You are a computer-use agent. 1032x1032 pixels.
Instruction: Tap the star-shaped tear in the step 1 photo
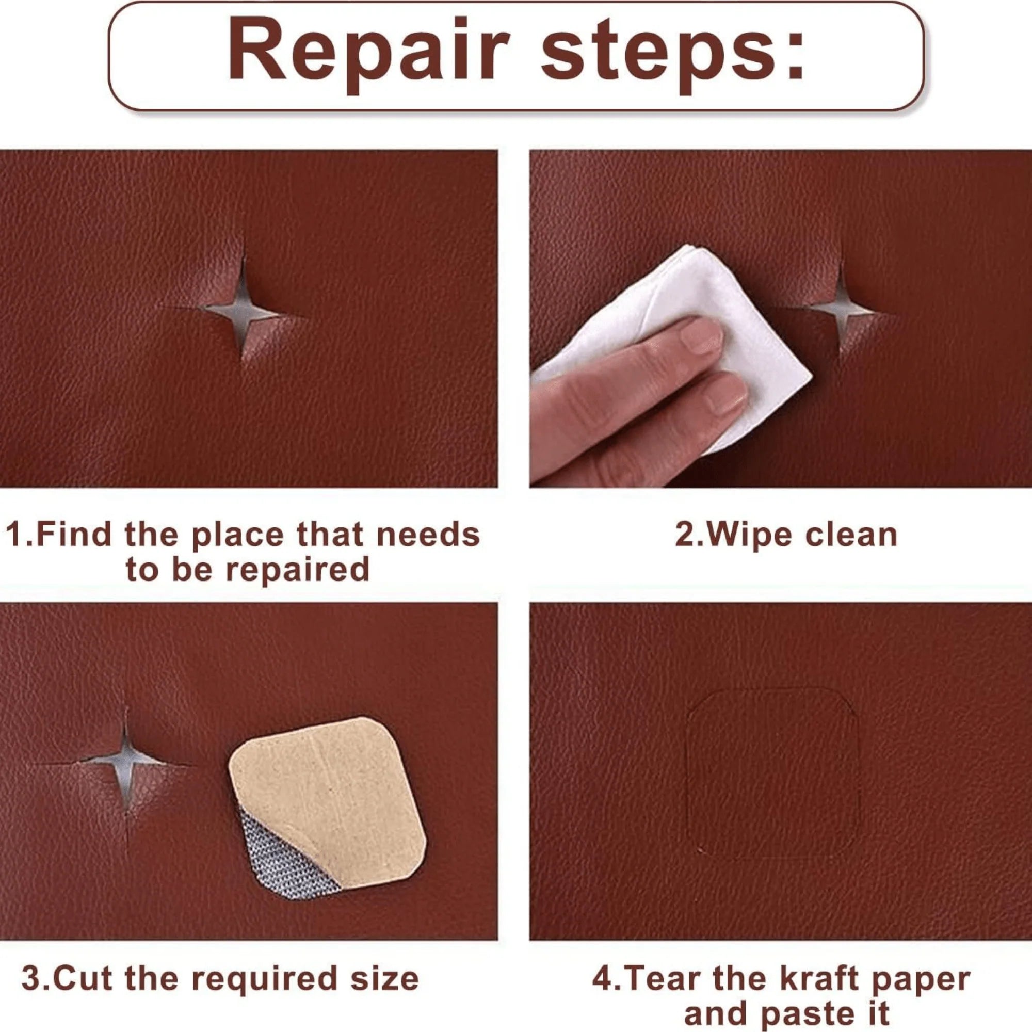(241, 310)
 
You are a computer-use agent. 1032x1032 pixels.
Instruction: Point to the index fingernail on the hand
(701, 335)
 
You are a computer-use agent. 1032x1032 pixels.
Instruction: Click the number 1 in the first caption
(15, 535)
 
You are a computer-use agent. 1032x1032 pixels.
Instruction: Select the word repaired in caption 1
(298, 571)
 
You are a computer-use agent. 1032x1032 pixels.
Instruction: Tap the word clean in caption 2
(851, 535)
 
